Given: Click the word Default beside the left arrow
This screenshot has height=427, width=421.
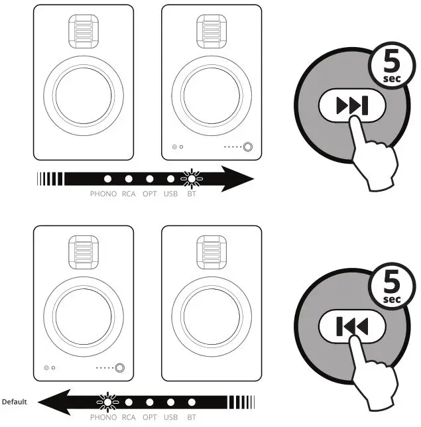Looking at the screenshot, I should point(14,402).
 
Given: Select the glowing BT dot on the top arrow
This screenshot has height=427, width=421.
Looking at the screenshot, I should point(192,179).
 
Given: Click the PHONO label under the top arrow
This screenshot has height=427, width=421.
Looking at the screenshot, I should point(103,194).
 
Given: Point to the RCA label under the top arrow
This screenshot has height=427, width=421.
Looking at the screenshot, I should point(129,194).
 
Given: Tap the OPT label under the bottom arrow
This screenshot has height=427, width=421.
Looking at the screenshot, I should point(150,417).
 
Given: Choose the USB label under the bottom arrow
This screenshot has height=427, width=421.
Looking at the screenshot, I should point(170,417).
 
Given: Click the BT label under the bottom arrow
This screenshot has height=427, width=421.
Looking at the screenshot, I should point(192,417).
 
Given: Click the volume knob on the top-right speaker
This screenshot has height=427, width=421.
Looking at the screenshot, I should point(249,147).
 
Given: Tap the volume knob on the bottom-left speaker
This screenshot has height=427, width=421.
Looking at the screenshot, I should point(120,367).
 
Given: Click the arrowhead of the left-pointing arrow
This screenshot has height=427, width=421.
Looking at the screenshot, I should point(52,402).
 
